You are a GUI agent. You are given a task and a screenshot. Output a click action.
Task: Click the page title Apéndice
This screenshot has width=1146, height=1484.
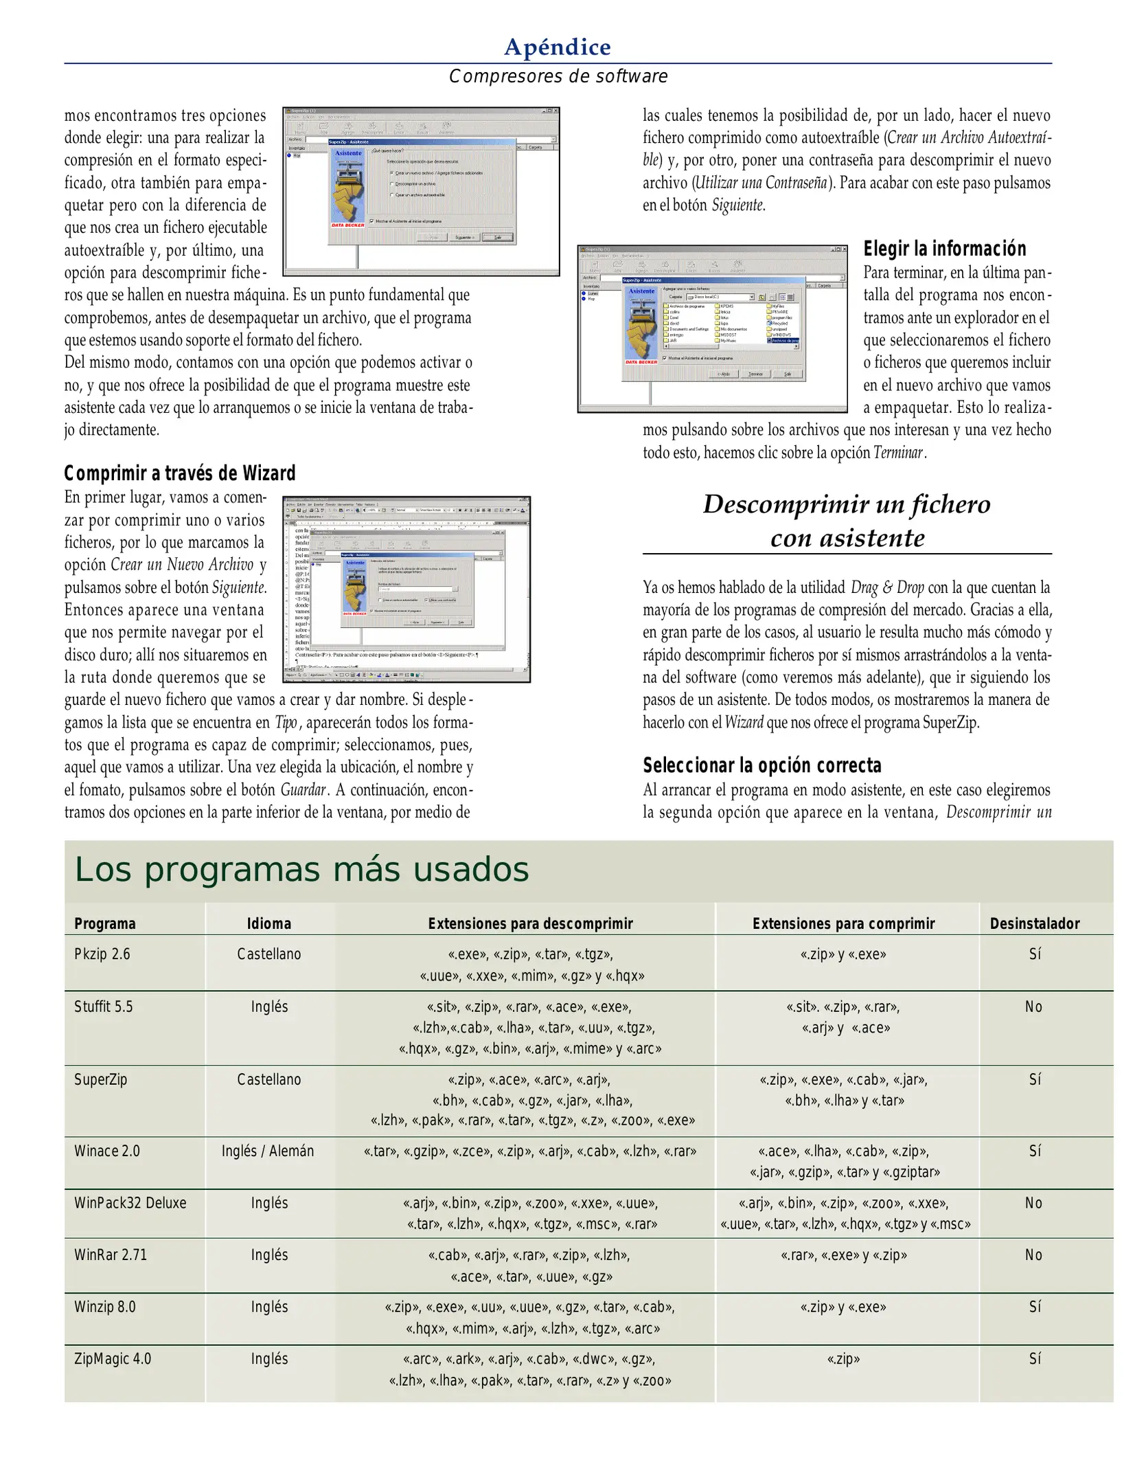pos(557,47)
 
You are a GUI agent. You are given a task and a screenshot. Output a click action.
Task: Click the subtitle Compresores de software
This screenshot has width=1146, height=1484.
pos(558,76)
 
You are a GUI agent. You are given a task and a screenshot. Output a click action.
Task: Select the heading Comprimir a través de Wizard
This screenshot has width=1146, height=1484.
pos(180,473)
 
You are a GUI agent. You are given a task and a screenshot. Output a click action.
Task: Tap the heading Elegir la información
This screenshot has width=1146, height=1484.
pos(944,249)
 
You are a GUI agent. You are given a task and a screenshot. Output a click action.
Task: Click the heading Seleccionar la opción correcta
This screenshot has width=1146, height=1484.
pos(761,765)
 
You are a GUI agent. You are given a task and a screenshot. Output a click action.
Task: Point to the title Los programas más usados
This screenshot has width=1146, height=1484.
pos(301,870)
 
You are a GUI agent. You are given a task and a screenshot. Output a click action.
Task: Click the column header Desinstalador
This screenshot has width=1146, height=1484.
pos(1034,924)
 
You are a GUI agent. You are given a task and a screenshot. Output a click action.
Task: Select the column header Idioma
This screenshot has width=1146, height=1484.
pos(268,924)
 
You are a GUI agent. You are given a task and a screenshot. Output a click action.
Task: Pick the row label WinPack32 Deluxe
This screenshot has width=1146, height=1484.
pos(130,1203)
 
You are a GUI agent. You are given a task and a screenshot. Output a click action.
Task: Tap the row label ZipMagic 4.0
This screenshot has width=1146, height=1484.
pos(113,1359)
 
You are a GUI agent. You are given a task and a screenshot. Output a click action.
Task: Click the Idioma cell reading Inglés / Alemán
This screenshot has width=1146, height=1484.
pos(268,1151)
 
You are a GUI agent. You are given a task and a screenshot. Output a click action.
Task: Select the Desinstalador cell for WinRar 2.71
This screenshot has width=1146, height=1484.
pos(1033,1255)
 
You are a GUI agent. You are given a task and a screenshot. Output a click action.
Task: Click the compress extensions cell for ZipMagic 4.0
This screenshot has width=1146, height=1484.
pos(843,1359)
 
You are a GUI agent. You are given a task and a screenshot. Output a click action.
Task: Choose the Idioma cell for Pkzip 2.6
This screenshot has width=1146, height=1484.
pos(268,954)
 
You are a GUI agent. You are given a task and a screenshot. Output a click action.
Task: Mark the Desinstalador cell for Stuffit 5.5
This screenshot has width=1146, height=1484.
pos(1033,1007)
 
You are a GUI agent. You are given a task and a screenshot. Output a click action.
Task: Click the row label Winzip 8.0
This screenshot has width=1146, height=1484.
pos(104,1307)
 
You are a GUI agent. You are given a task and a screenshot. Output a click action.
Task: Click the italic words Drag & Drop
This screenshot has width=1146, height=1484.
pos(887,587)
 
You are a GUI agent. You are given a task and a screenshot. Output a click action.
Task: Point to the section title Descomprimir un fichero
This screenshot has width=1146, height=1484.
pos(846,505)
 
